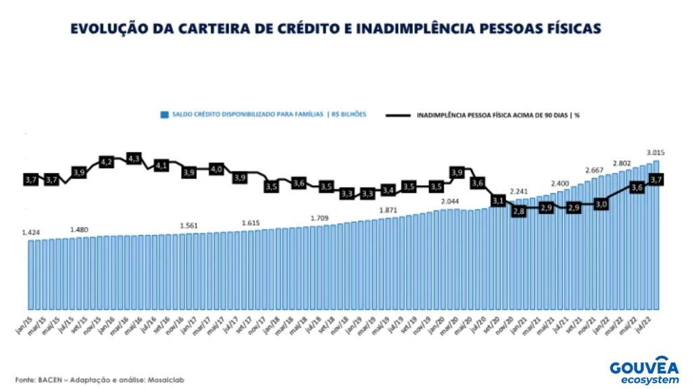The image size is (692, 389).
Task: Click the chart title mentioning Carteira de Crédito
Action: pos(335,29)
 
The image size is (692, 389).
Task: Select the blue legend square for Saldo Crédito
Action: pos(164,115)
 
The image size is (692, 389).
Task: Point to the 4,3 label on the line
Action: pos(133,158)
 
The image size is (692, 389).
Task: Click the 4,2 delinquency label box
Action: pos(106,162)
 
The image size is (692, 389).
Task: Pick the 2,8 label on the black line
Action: pos(519,211)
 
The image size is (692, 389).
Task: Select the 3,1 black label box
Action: pos(499,201)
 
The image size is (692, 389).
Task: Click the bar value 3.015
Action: pos(654,152)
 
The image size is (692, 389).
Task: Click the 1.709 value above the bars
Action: pos(320,218)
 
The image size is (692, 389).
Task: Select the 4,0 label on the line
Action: pos(216,169)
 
